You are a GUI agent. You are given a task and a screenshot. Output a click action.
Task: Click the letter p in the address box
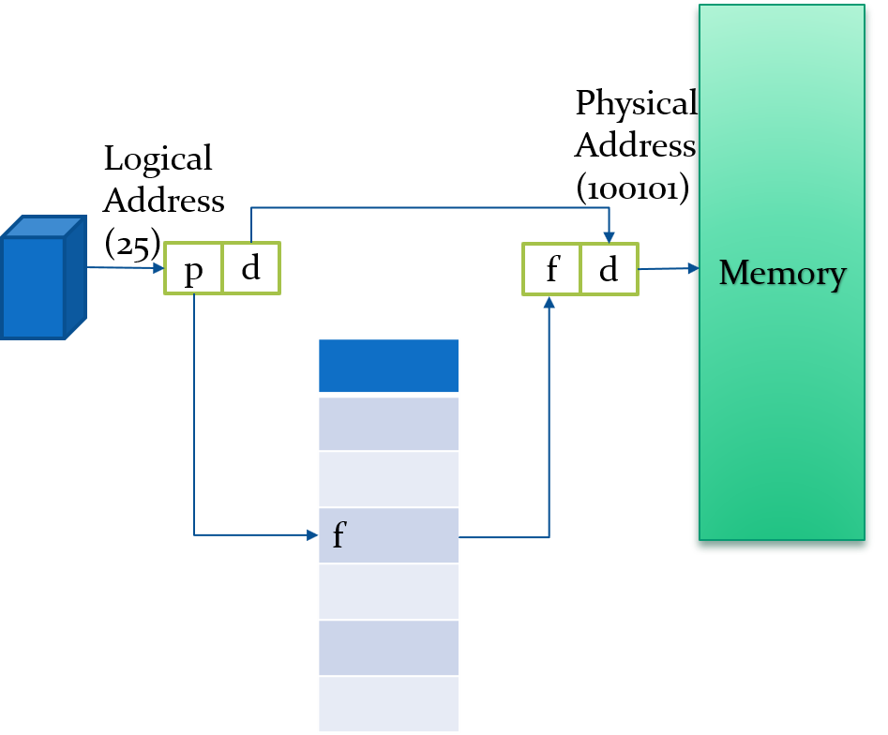(x=193, y=270)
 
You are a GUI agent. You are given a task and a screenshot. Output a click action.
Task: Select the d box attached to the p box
(x=250, y=269)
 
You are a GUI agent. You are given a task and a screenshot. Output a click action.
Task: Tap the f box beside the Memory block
(x=552, y=270)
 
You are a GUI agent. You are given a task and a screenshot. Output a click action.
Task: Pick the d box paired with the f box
(x=610, y=270)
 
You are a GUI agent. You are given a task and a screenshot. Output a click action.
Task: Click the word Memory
(x=782, y=273)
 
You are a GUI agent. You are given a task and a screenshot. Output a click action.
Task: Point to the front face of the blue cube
(x=33, y=287)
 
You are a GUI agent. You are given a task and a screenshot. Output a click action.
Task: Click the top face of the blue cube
(x=44, y=227)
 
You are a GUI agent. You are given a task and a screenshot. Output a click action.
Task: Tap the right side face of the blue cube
(x=76, y=276)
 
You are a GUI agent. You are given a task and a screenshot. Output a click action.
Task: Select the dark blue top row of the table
(x=388, y=366)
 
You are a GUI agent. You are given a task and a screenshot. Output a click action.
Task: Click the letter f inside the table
(x=339, y=536)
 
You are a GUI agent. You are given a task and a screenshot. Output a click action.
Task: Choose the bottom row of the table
(x=388, y=704)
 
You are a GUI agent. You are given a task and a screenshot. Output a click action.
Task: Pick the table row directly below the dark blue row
(x=388, y=424)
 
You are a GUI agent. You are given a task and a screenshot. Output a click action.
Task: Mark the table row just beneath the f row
(x=388, y=592)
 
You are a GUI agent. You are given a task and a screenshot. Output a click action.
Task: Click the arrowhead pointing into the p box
(x=158, y=268)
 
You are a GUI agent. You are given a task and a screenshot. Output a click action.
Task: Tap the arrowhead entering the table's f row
(x=312, y=535)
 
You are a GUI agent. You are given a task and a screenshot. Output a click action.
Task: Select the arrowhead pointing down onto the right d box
(x=610, y=236)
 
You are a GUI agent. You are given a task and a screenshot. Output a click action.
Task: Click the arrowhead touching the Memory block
(x=693, y=268)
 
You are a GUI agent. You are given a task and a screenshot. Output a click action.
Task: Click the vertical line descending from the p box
(x=194, y=412)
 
